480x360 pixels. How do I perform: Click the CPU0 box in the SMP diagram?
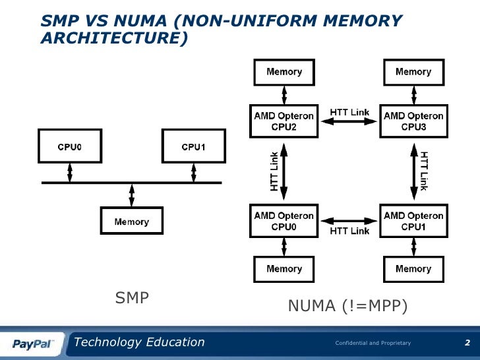click(x=69, y=146)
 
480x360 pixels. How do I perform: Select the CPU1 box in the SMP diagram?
click(x=193, y=146)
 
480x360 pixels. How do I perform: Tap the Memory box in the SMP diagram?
click(x=131, y=222)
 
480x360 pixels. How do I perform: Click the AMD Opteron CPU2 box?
click(x=284, y=121)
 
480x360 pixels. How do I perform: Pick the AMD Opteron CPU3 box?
click(x=413, y=121)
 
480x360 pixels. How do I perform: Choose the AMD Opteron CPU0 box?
click(x=284, y=220)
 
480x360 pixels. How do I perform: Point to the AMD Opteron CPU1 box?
click(x=413, y=220)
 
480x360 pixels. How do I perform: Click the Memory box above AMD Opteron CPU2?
click(x=284, y=72)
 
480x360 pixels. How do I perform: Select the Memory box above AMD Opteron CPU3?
click(x=413, y=72)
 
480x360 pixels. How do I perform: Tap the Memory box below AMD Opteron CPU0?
click(x=284, y=269)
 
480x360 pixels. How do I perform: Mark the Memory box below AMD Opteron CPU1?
click(x=413, y=269)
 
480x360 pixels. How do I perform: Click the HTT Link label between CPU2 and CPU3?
click(x=349, y=113)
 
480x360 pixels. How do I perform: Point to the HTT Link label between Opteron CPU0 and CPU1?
click(x=349, y=231)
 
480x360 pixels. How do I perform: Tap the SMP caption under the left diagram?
click(x=132, y=299)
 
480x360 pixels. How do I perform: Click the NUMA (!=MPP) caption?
click(x=347, y=306)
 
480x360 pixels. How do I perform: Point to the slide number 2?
click(x=467, y=343)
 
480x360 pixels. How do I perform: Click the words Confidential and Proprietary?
click(x=373, y=344)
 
